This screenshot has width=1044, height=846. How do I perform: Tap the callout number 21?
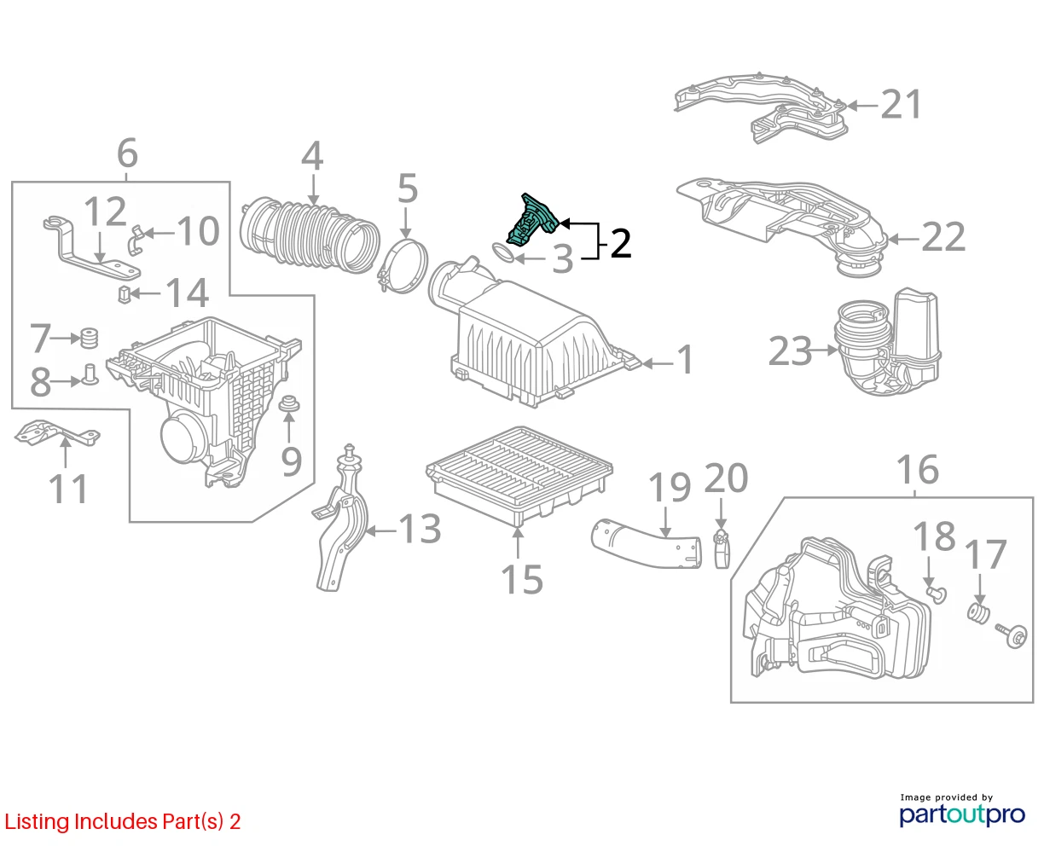pos(902,104)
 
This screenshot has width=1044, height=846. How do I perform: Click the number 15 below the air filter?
pos(521,579)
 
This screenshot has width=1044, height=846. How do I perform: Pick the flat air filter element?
pos(519,473)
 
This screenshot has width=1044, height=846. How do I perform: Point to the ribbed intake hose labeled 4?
pos(310,235)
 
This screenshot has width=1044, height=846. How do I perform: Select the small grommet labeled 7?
pos(89,337)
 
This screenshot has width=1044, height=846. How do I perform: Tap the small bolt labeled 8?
pos(90,374)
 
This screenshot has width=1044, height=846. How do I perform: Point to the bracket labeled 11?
pos(57,433)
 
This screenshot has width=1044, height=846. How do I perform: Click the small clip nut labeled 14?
pos(125,294)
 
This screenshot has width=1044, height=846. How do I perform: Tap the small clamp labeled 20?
pos(722,548)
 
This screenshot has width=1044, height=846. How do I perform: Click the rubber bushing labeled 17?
pos(977,613)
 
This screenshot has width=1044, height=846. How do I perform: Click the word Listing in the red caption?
pos(37,822)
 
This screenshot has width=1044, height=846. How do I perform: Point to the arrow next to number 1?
pos(658,363)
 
